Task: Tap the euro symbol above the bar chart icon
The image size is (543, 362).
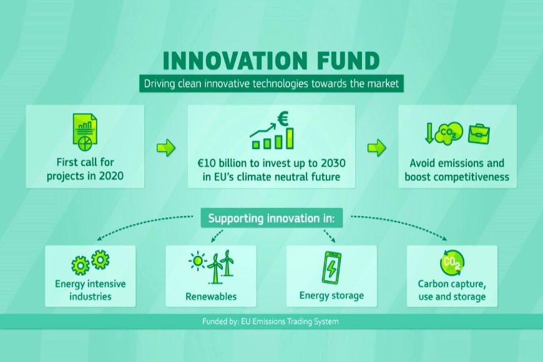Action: [283, 119]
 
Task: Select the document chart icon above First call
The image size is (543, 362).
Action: [85, 133]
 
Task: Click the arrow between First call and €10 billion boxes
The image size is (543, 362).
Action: [166, 148]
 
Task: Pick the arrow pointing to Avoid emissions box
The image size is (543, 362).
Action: [377, 148]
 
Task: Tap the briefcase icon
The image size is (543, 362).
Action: [479, 134]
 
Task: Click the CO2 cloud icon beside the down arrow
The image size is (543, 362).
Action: [449, 133]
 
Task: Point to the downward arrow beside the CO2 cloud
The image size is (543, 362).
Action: [429, 134]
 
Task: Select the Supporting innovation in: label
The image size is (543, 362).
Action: [271, 218]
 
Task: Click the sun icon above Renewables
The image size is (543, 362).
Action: [198, 260]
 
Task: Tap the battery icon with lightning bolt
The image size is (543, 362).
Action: [331, 268]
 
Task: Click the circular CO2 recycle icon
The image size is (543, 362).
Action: [452, 263]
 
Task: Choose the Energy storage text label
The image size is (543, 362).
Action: [332, 295]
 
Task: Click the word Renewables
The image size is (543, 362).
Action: [211, 296]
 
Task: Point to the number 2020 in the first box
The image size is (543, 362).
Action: [111, 176]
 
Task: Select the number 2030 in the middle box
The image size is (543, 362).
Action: [333, 163]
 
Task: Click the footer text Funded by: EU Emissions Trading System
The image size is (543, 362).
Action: [270, 321]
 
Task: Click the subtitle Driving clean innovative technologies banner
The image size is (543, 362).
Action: [271, 84]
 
